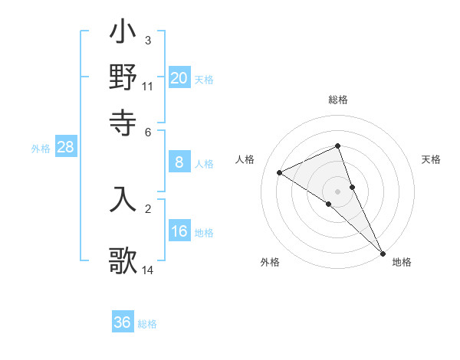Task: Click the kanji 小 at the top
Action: coord(123,34)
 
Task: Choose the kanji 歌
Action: coord(123,260)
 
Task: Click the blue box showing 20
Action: coord(179,77)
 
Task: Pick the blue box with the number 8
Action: coord(179,162)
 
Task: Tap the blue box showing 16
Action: coord(179,232)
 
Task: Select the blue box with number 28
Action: coord(66,148)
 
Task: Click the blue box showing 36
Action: coord(123,322)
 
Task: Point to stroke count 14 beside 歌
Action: coord(148,270)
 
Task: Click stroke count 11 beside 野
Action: coord(148,86)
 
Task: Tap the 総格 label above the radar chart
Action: coord(338,100)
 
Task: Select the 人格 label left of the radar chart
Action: coord(245,159)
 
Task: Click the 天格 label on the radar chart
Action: coord(431,159)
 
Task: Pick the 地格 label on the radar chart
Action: coord(402,263)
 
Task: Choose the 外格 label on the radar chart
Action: coord(270,263)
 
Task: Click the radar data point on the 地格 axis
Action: coord(383,252)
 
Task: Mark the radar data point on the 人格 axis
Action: coord(280,172)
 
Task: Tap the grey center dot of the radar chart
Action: coord(338,191)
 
